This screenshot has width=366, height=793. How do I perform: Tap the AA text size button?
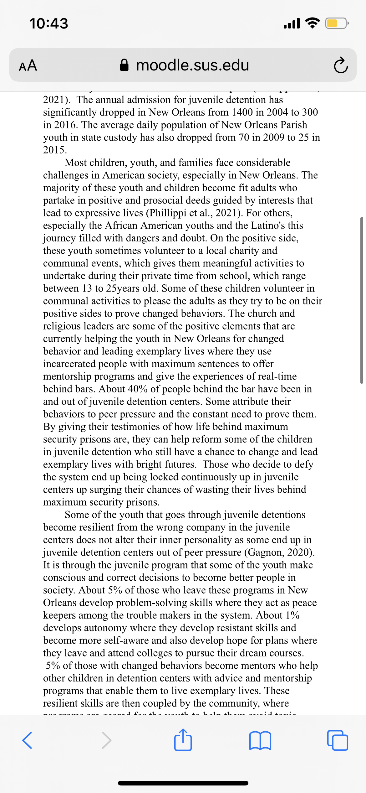click(x=28, y=65)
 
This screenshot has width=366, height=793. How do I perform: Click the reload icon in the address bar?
click(x=340, y=65)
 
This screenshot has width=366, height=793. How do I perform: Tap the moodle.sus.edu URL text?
click(x=192, y=65)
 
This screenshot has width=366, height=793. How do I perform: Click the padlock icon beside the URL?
click(x=124, y=65)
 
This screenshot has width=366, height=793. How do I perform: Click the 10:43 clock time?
click(x=49, y=23)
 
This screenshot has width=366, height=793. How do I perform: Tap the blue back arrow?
click(x=27, y=740)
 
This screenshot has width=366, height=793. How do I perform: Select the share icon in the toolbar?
click(x=183, y=740)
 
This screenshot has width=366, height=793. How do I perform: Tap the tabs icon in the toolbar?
click(x=338, y=740)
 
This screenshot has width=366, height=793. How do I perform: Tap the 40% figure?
click(x=138, y=389)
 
